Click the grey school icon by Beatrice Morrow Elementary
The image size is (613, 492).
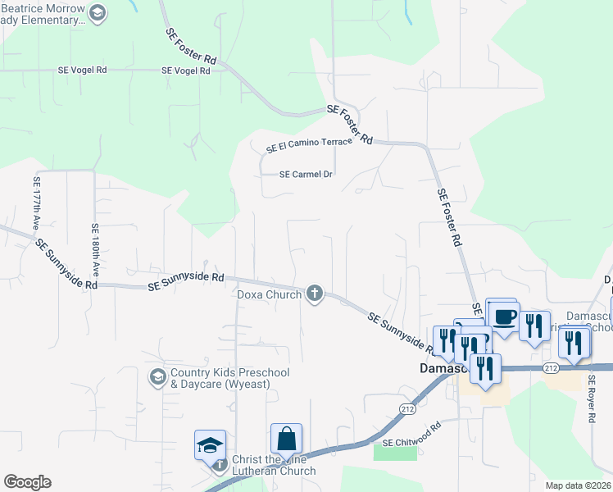[x=98, y=12]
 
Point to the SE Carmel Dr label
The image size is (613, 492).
[x=306, y=175]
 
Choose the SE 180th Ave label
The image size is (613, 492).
[x=95, y=249]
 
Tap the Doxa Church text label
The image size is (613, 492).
[x=269, y=294]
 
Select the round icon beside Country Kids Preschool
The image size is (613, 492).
[x=157, y=377]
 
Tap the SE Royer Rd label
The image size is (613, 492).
[x=591, y=399]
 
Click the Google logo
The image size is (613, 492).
[x=27, y=482]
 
